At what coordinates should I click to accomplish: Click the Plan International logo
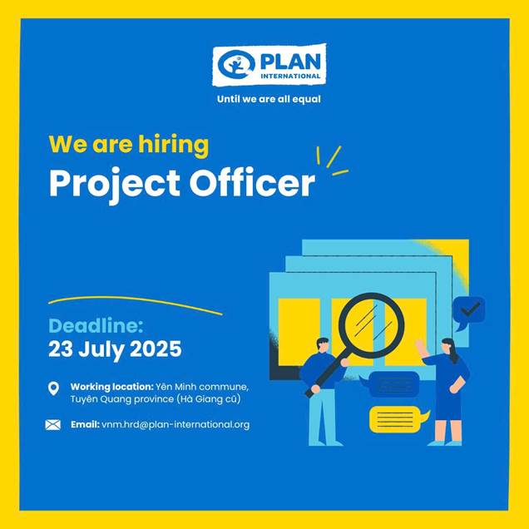click(x=269, y=64)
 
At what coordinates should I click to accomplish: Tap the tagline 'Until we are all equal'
click(x=269, y=99)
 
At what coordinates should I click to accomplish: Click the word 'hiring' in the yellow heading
click(x=174, y=145)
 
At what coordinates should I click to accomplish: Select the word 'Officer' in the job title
click(x=252, y=183)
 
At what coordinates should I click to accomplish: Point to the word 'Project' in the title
click(x=115, y=185)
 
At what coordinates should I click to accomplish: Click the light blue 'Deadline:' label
click(x=96, y=326)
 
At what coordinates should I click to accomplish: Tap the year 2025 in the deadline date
click(x=156, y=349)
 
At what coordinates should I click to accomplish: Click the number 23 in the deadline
click(x=61, y=349)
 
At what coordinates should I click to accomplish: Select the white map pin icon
click(x=53, y=388)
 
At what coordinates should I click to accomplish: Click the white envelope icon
click(x=53, y=425)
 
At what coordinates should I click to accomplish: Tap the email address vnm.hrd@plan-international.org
click(x=176, y=425)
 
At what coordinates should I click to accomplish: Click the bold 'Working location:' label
click(x=112, y=387)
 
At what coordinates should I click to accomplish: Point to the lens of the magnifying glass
click(x=372, y=325)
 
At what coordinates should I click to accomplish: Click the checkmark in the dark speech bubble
click(x=471, y=309)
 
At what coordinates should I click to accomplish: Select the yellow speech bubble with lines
click(x=399, y=419)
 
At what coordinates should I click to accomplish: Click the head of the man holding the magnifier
click(x=323, y=345)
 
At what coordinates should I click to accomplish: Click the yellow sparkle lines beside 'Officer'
click(x=333, y=161)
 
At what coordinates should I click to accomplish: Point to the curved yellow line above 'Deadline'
click(x=135, y=304)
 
